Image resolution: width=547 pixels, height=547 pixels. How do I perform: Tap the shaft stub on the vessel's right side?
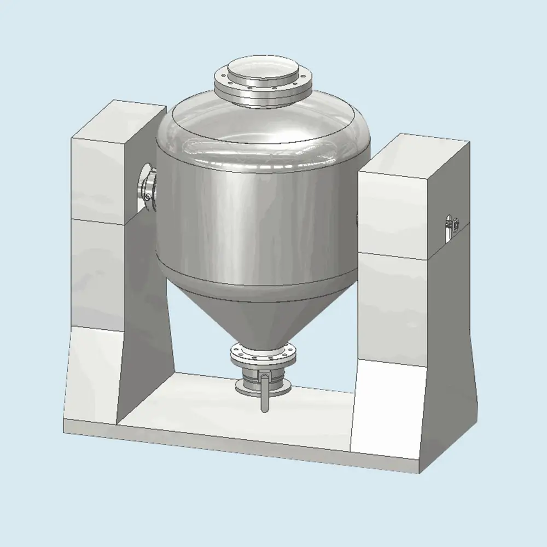(x=357, y=219)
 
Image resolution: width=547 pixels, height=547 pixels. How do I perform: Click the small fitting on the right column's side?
(x=453, y=224)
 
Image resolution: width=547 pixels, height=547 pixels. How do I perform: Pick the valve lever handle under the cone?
(x=265, y=391)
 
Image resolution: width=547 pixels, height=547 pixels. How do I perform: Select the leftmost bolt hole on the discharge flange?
(x=235, y=356)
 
